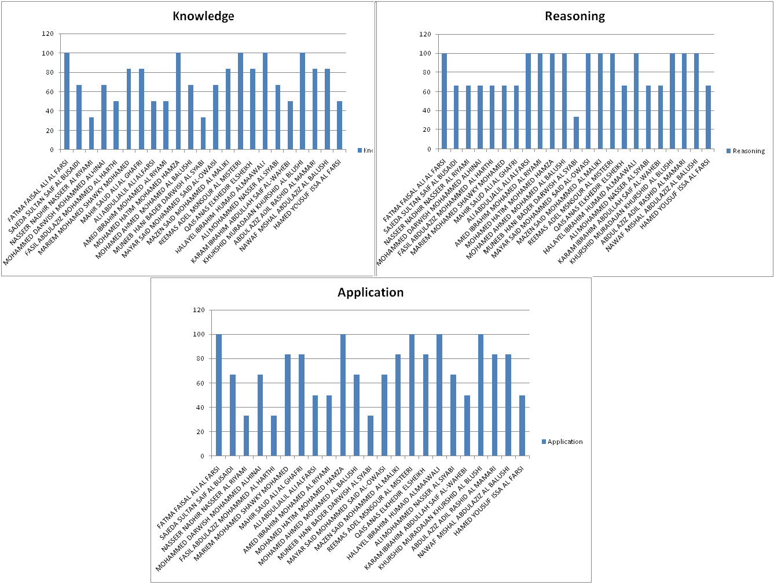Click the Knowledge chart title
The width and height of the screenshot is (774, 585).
pos(203,16)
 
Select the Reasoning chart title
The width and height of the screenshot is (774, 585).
pos(574,16)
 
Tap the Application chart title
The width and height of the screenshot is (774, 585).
pos(371,292)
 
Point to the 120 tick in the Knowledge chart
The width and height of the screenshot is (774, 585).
pos(47,34)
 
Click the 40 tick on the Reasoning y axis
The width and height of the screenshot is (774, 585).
pos(425,110)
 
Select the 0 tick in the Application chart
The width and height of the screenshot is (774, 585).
pos(202,456)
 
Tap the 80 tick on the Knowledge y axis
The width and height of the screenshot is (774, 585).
pos(49,72)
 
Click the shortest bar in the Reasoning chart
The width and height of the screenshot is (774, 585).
pos(576,133)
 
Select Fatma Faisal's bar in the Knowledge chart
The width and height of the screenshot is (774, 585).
pos(67,101)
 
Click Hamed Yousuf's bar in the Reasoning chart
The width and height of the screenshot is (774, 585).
pos(708,117)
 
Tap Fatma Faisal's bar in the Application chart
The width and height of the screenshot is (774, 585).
pos(219,395)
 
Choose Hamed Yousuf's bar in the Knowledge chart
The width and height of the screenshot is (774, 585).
pos(339,125)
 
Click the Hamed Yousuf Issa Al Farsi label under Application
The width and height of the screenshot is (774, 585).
pos(490,501)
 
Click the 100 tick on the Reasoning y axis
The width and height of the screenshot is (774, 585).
pos(425,53)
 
